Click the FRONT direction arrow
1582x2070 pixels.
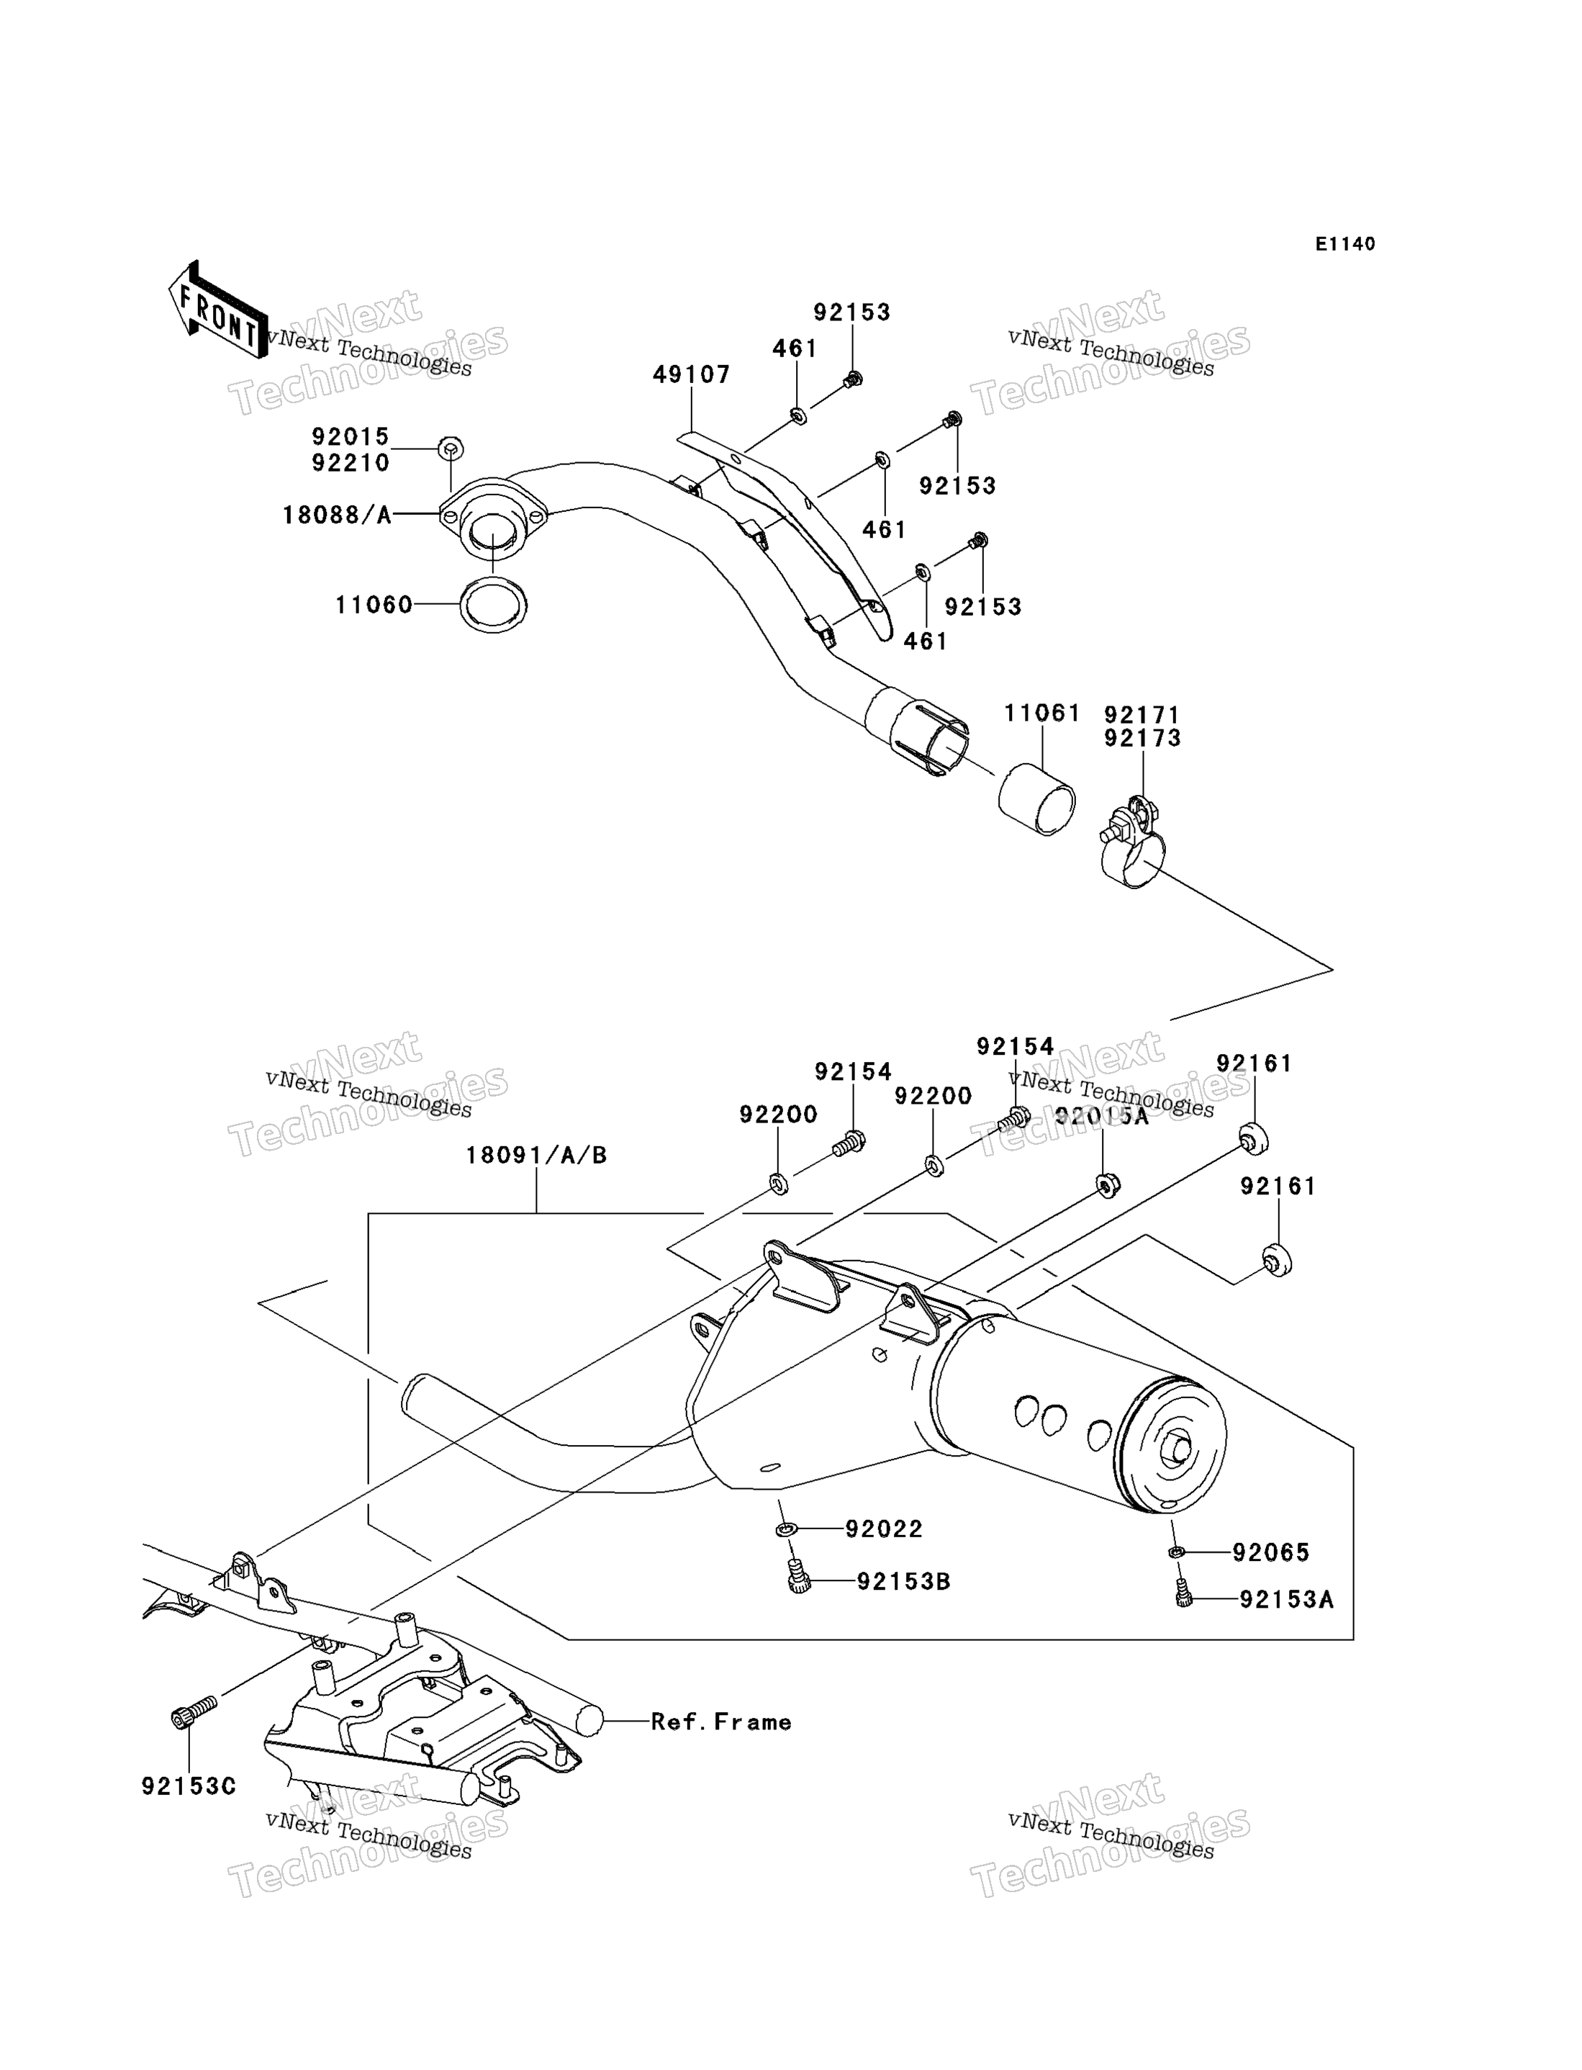pyautogui.click(x=217, y=312)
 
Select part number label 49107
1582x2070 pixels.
pyautogui.click(x=692, y=375)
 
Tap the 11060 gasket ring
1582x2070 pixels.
pyautogui.click(x=494, y=605)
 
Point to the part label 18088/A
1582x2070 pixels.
pyautogui.click(x=337, y=515)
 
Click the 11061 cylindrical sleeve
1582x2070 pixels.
pyautogui.click(x=1036, y=799)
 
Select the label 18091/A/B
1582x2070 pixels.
pyautogui.click(x=537, y=1155)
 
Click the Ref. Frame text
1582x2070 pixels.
pyautogui.click(x=721, y=1722)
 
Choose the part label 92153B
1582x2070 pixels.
pyautogui.click(x=904, y=1582)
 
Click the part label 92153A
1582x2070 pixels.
pyautogui.click(x=1286, y=1600)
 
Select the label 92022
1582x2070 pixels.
pyautogui.click(x=885, y=1529)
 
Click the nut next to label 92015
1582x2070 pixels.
pyautogui.click(x=451, y=449)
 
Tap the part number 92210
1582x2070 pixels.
pyautogui.click(x=351, y=464)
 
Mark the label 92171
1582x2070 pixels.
pyautogui.click(x=1142, y=716)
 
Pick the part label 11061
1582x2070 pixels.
pyautogui.click(x=1042, y=714)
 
